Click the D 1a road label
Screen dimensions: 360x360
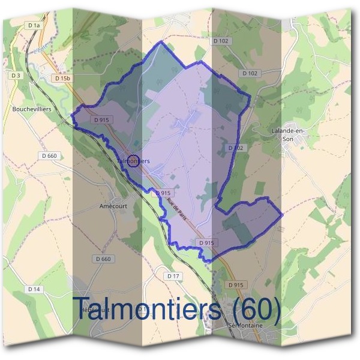[x=34, y=25]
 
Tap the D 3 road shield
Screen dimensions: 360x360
[x=16, y=75]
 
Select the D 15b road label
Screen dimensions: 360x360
[x=62, y=79]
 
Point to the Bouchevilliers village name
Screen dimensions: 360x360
[x=32, y=110]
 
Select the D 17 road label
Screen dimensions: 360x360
[x=173, y=275]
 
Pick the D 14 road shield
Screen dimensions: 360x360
[x=34, y=289]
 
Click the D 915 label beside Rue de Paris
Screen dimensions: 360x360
[x=163, y=193]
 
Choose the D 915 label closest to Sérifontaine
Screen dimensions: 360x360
[x=236, y=284]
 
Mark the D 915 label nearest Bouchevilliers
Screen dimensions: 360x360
[x=101, y=120]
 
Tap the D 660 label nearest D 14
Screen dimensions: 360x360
[x=103, y=259]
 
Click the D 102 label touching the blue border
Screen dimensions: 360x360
[x=235, y=148]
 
